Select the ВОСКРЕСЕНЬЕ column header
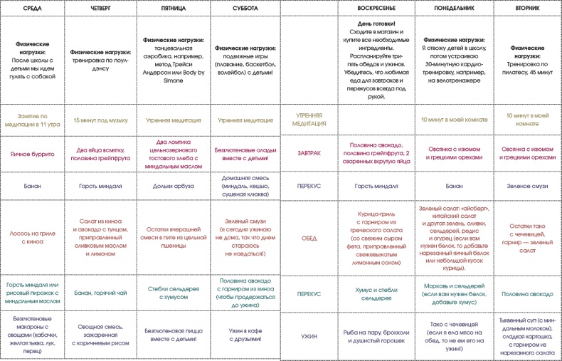coord(376,7)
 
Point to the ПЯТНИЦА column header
coord(173,7)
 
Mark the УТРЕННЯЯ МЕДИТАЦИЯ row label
coord(309,118)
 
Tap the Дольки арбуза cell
coord(173,186)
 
